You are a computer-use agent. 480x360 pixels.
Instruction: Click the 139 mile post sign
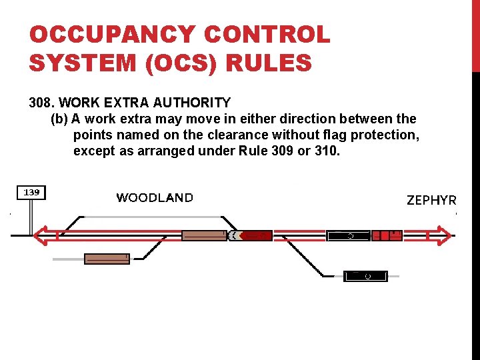31,193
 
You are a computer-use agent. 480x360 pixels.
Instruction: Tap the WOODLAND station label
155,197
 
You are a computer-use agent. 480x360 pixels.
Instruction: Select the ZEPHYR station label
431,200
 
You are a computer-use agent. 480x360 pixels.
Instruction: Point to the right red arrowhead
443,235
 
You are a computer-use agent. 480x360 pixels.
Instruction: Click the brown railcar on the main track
205,235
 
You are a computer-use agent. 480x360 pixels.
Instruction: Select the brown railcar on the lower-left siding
107,259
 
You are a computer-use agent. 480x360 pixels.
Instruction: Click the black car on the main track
348,235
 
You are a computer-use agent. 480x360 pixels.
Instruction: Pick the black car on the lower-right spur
365,275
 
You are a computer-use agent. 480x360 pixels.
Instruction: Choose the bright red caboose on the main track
387,235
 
